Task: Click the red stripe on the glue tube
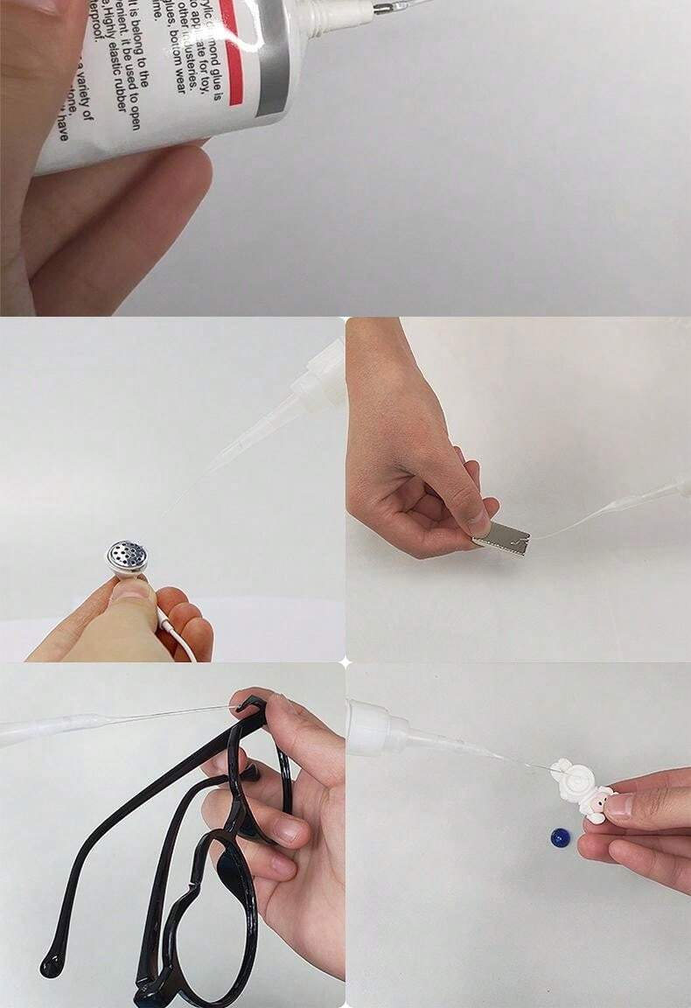(x=228, y=52)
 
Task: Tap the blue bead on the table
(x=561, y=838)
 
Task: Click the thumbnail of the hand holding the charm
(x=622, y=806)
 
